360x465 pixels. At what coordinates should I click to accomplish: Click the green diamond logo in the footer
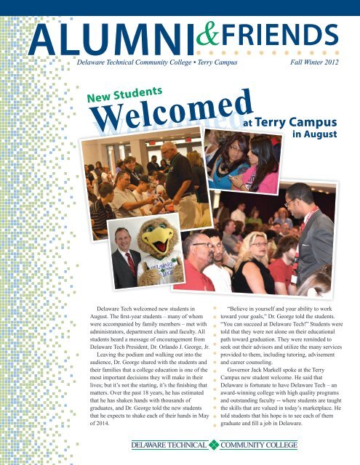pyautogui.click(x=214, y=445)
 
